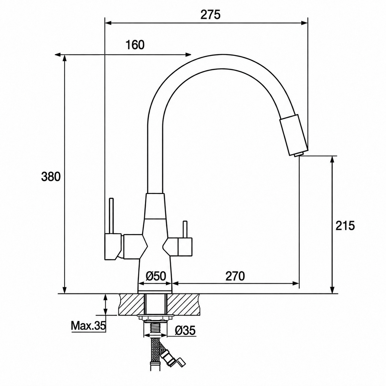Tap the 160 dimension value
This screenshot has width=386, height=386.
point(135,45)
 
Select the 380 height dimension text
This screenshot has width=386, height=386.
point(51,177)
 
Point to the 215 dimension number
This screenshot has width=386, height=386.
point(345,226)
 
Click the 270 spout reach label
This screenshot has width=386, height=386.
point(235,276)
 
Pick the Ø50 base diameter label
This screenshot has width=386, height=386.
point(156,276)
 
